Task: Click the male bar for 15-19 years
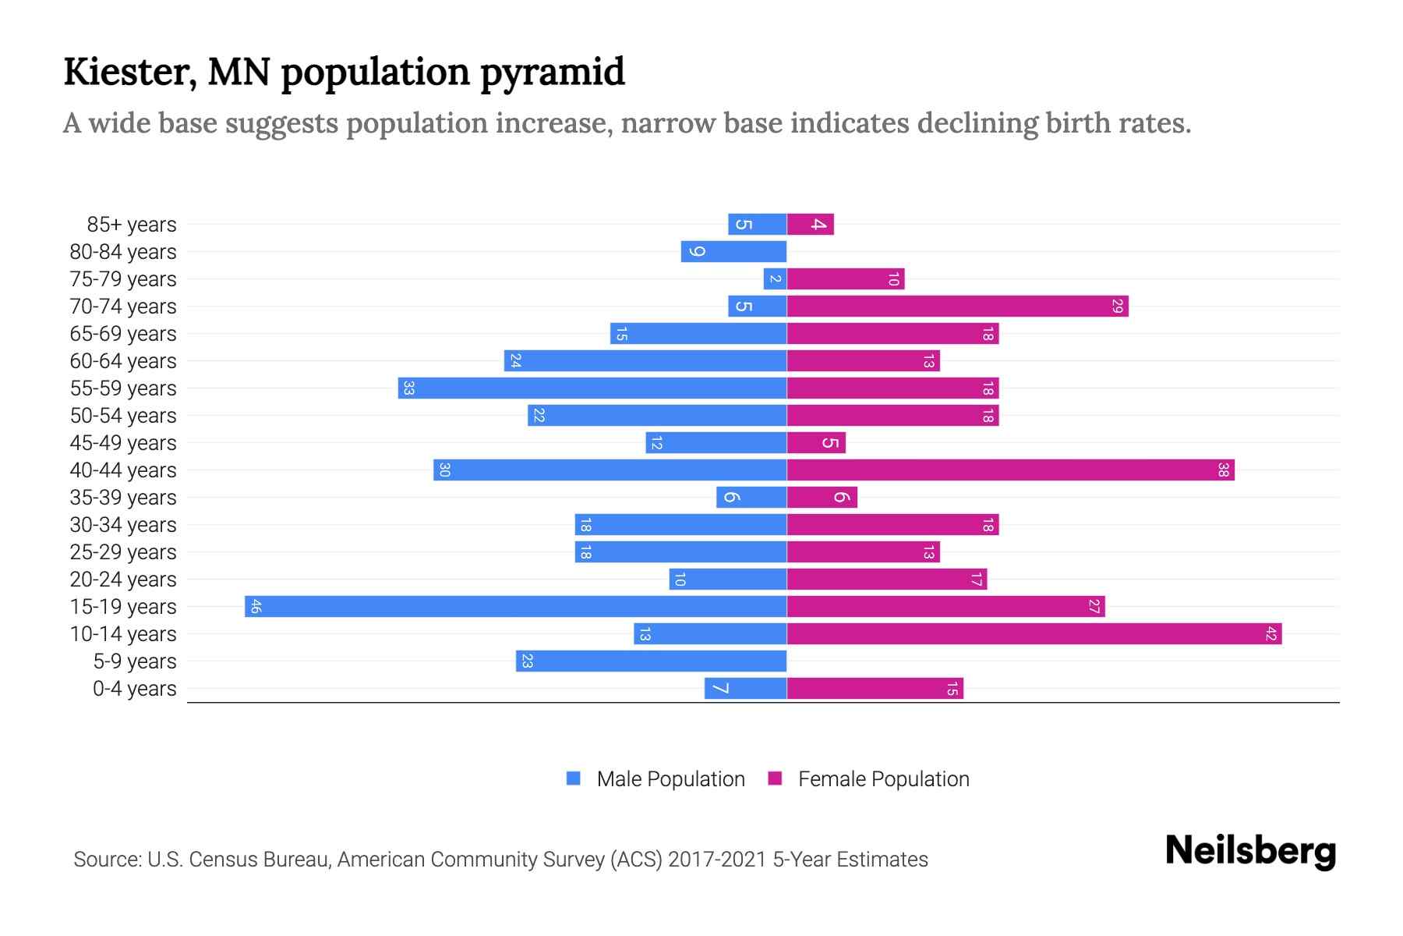pos(515,606)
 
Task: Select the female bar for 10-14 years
pos(1034,633)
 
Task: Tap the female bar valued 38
pos(1010,470)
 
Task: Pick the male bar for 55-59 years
pos(592,388)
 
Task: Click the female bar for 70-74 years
pos(957,306)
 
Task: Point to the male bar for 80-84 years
pos(733,251)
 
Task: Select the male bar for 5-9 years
pos(651,661)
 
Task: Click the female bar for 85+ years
pos(810,224)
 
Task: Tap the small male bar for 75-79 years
pos(775,278)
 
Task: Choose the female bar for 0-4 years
pos(875,688)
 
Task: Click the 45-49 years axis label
pos(123,442)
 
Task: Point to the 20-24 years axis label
pos(123,579)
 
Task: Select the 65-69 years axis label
pos(123,333)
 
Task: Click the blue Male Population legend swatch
pos(574,778)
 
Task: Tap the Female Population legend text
pos(883,778)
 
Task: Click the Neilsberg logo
pos(1250,850)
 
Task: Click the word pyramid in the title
pos(552,73)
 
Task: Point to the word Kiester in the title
pos(129,71)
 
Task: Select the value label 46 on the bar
pos(255,606)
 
